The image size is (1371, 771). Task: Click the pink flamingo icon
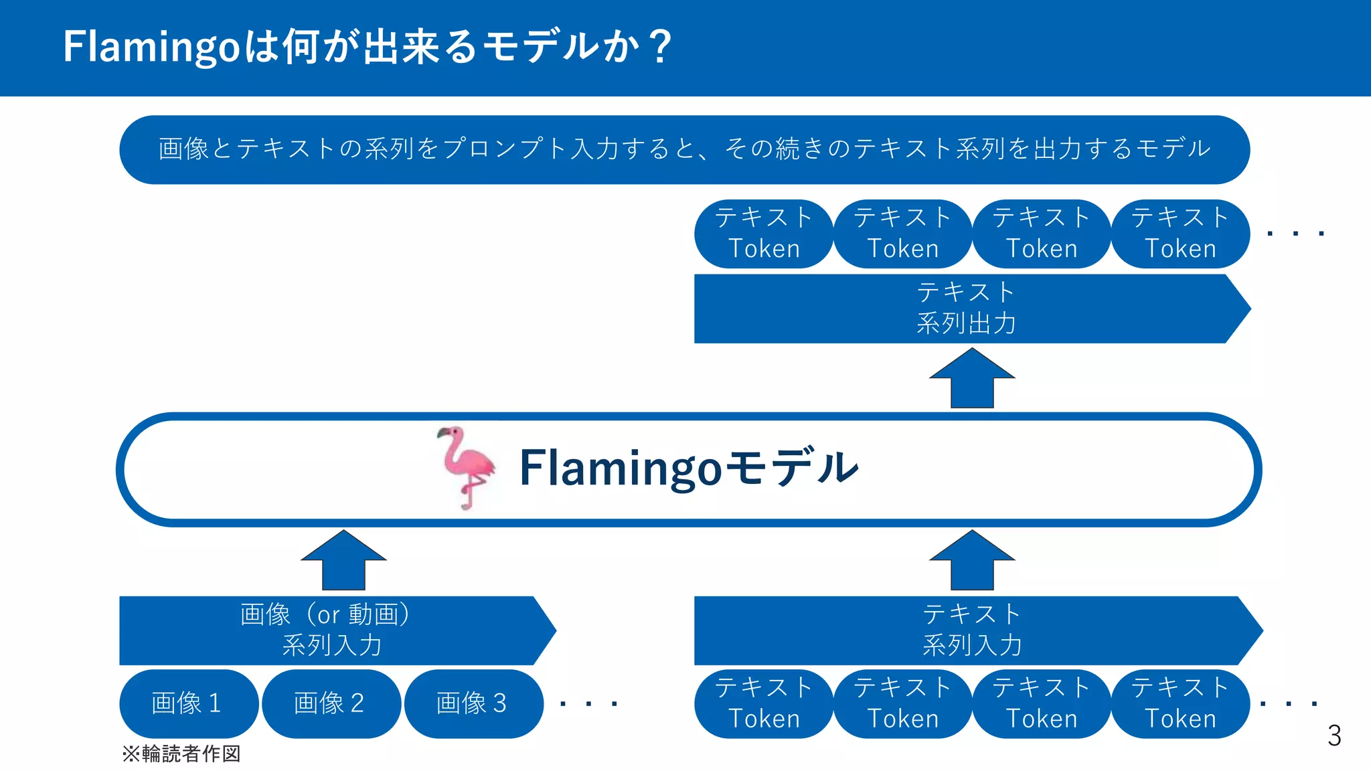[466, 467]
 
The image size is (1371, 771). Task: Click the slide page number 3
[1334, 736]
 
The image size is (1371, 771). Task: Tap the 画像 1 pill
[187, 703]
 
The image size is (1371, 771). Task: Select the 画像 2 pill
[330, 703]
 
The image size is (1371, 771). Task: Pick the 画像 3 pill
[473, 703]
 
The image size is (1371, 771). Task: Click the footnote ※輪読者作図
[181, 754]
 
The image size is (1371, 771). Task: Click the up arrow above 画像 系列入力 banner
[343, 561]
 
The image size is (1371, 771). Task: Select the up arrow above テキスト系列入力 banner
[972, 561]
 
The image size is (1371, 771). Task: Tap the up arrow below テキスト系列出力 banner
[972, 379]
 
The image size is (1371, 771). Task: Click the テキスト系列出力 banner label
[966, 309]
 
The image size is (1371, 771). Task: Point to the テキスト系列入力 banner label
[972, 630]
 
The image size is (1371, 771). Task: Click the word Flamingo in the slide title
[151, 48]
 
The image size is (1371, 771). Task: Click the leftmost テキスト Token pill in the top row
[764, 234]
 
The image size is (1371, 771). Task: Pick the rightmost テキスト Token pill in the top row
[1180, 234]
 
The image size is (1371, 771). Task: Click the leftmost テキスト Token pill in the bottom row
[764, 703]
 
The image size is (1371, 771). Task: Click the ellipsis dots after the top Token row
[1295, 234]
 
